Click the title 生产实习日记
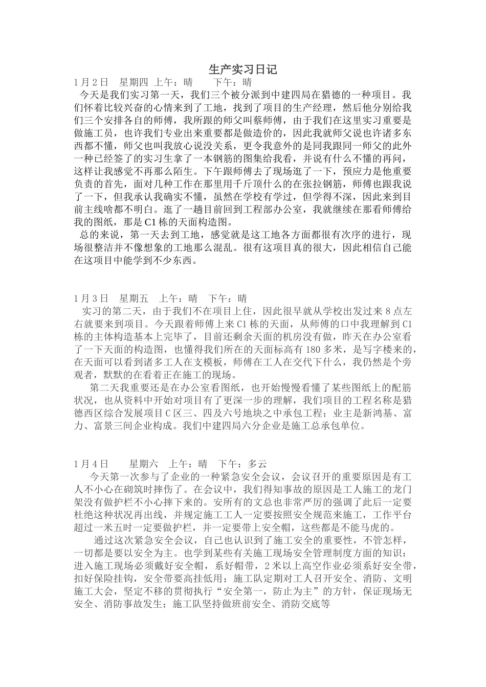[243, 70]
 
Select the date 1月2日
[91, 82]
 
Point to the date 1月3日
[91, 298]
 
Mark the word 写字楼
[379, 350]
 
